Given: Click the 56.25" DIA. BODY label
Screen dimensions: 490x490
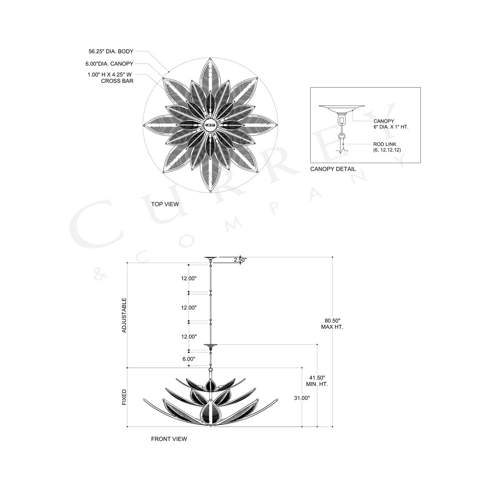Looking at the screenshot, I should coord(111,52).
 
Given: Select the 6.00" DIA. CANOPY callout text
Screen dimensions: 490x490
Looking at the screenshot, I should coord(110,64).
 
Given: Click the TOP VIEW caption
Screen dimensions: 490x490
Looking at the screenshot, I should coord(165,204).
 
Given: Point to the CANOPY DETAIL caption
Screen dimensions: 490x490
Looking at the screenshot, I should coord(333,169).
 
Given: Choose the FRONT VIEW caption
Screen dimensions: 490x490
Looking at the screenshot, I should coord(169,439).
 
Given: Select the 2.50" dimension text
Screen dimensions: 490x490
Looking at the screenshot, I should coord(240,259).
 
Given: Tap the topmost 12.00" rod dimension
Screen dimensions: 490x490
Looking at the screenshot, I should coord(188,278).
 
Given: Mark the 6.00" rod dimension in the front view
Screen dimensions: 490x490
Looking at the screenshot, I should coord(188,358).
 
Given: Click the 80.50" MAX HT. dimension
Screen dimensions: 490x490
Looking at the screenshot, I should coord(332,323).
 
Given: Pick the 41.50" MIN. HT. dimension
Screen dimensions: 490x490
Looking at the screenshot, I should coord(317,380).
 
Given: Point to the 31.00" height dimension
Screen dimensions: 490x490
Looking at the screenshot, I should coord(302,398).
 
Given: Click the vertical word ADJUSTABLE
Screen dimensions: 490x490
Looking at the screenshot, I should coord(124,315).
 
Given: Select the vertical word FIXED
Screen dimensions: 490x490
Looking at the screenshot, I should coord(124,397).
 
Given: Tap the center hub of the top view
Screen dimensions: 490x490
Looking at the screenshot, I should coord(210,125).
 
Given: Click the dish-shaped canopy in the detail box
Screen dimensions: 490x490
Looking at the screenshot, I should coord(342,108).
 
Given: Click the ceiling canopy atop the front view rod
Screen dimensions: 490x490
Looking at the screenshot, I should coord(210,258).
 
